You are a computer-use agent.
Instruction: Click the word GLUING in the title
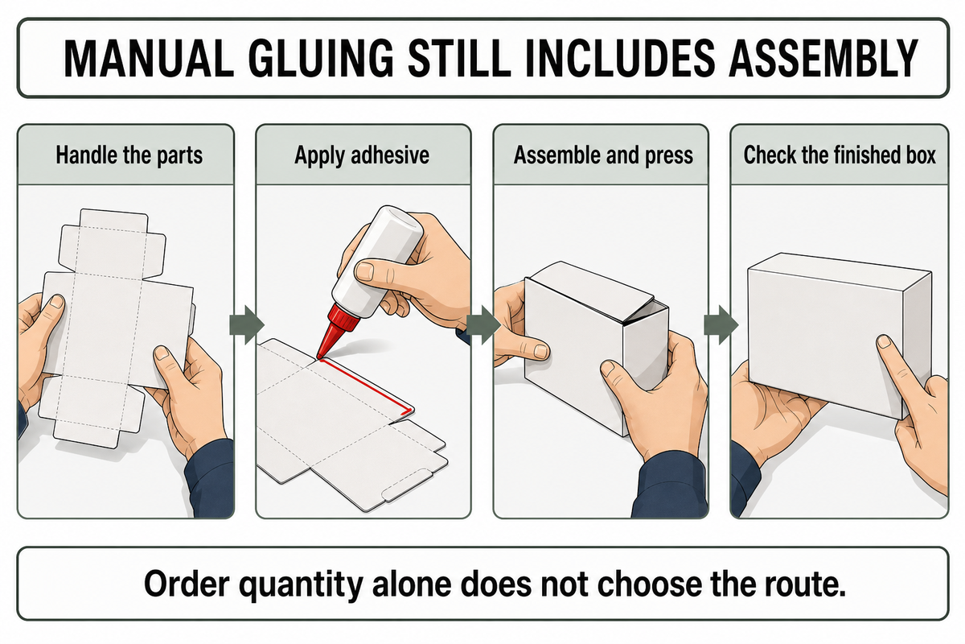tap(321, 58)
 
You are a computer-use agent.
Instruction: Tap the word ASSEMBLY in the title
tap(823, 58)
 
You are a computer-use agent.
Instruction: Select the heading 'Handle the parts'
tap(129, 155)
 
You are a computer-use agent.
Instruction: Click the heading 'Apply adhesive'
tap(362, 155)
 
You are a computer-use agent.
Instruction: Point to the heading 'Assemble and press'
tap(603, 155)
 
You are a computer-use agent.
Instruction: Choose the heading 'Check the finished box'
tap(840, 155)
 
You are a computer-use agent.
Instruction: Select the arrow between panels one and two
tap(246, 325)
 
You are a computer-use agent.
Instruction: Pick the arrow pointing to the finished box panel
tap(721, 325)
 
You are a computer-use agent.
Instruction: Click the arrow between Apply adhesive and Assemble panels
tap(483, 325)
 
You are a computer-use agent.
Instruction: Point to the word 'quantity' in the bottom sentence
tap(300, 585)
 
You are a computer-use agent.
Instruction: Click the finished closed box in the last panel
tap(840, 336)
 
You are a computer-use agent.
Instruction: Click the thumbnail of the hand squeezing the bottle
tap(365, 272)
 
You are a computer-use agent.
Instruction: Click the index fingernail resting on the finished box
tap(884, 342)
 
